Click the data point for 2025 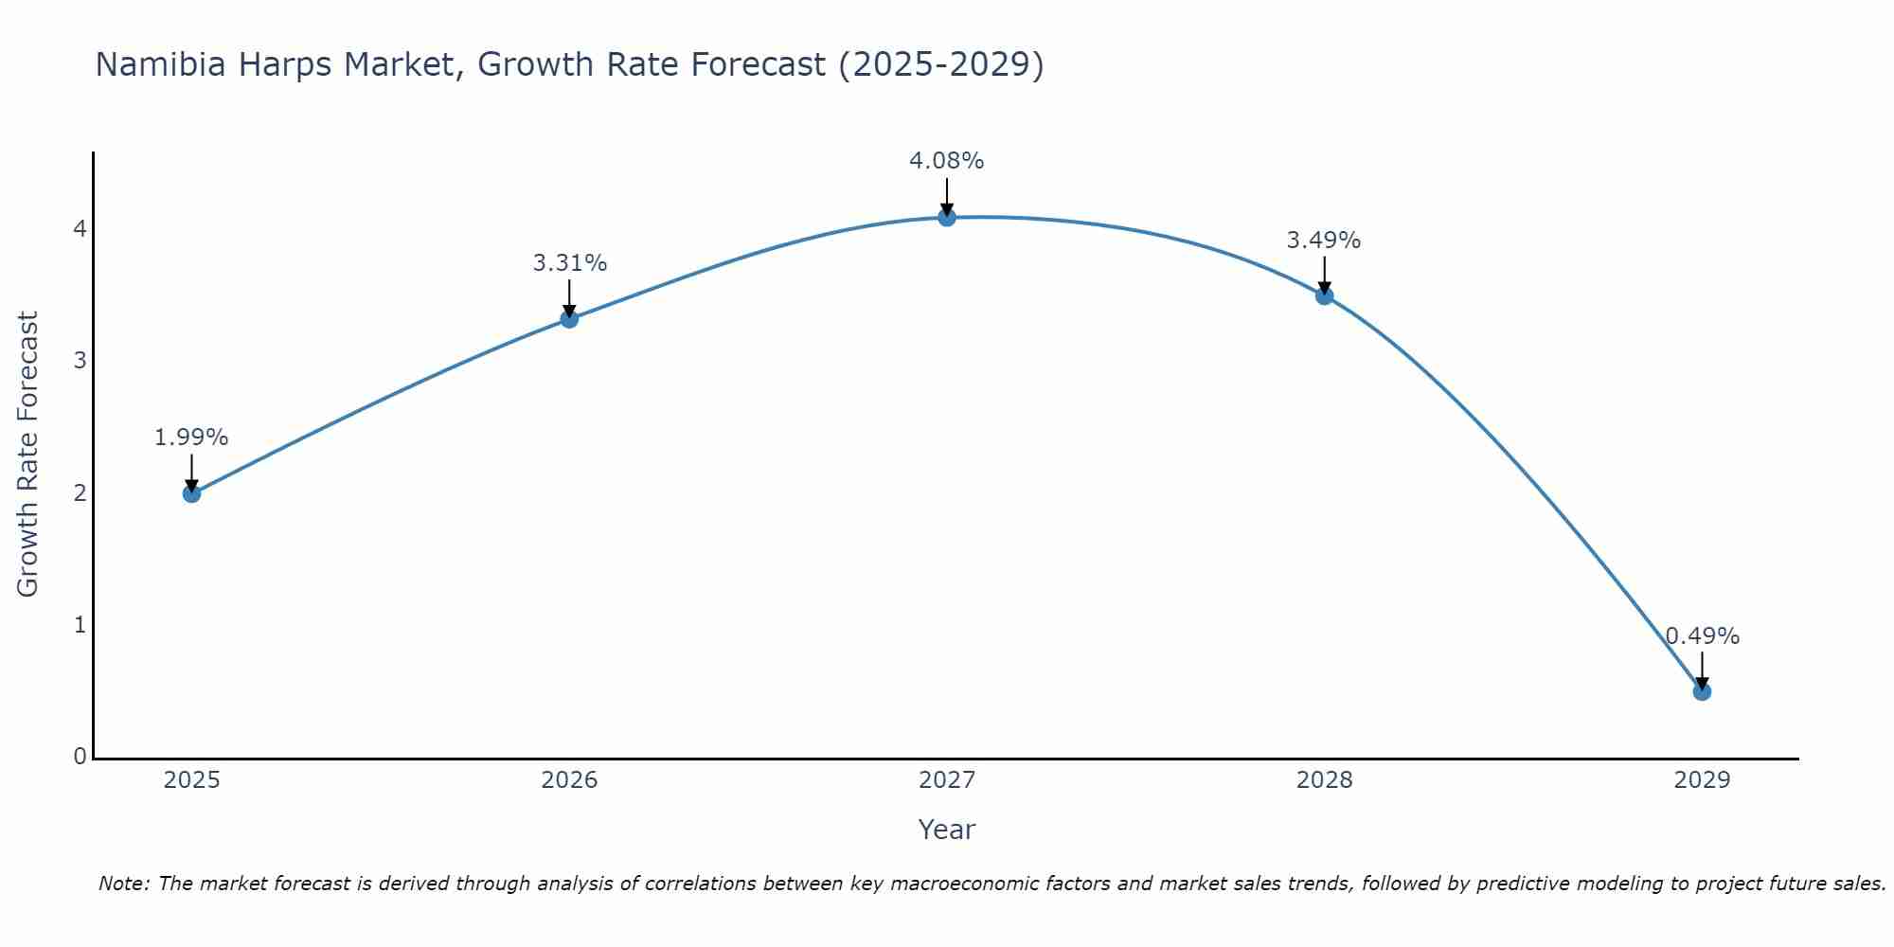click(191, 493)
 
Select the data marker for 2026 click(569, 319)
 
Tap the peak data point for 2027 click(947, 218)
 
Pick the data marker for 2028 click(1324, 296)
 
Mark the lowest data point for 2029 click(1702, 691)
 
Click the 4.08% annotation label click(947, 161)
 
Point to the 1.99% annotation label click(191, 438)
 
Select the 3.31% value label click(569, 263)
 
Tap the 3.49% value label click(1324, 241)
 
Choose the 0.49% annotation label click(1702, 636)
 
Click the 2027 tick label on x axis click(947, 780)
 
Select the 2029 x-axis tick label click(1702, 780)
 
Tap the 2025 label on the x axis click(191, 780)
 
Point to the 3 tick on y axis click(80, 361)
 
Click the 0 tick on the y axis click(80, 757)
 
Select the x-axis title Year click(947, 830)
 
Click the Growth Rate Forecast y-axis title click(28, 455)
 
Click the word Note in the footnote click(124, 884)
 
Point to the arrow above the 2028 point click(1324, 276)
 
